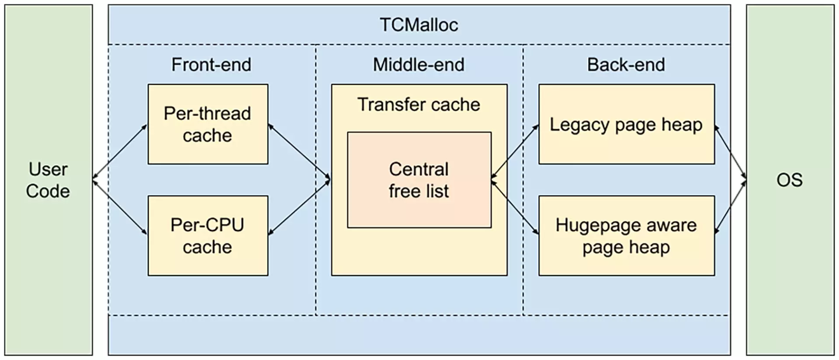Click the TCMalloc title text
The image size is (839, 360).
419,24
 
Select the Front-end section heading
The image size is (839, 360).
211,65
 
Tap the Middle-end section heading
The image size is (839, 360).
419,65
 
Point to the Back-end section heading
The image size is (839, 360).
626,65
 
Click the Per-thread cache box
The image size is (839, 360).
208,124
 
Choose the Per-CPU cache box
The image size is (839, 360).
208,235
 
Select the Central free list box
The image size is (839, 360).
419,180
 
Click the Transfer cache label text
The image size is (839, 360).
419,104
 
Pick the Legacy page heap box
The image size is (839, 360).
626,124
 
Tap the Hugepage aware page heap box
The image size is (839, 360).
626,235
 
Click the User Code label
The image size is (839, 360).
48,180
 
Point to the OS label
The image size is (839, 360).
789,180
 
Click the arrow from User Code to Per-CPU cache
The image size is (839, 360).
120,207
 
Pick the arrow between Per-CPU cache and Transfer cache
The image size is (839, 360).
299,207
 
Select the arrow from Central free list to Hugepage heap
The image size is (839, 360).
515,207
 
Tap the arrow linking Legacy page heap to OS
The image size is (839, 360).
730,153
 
